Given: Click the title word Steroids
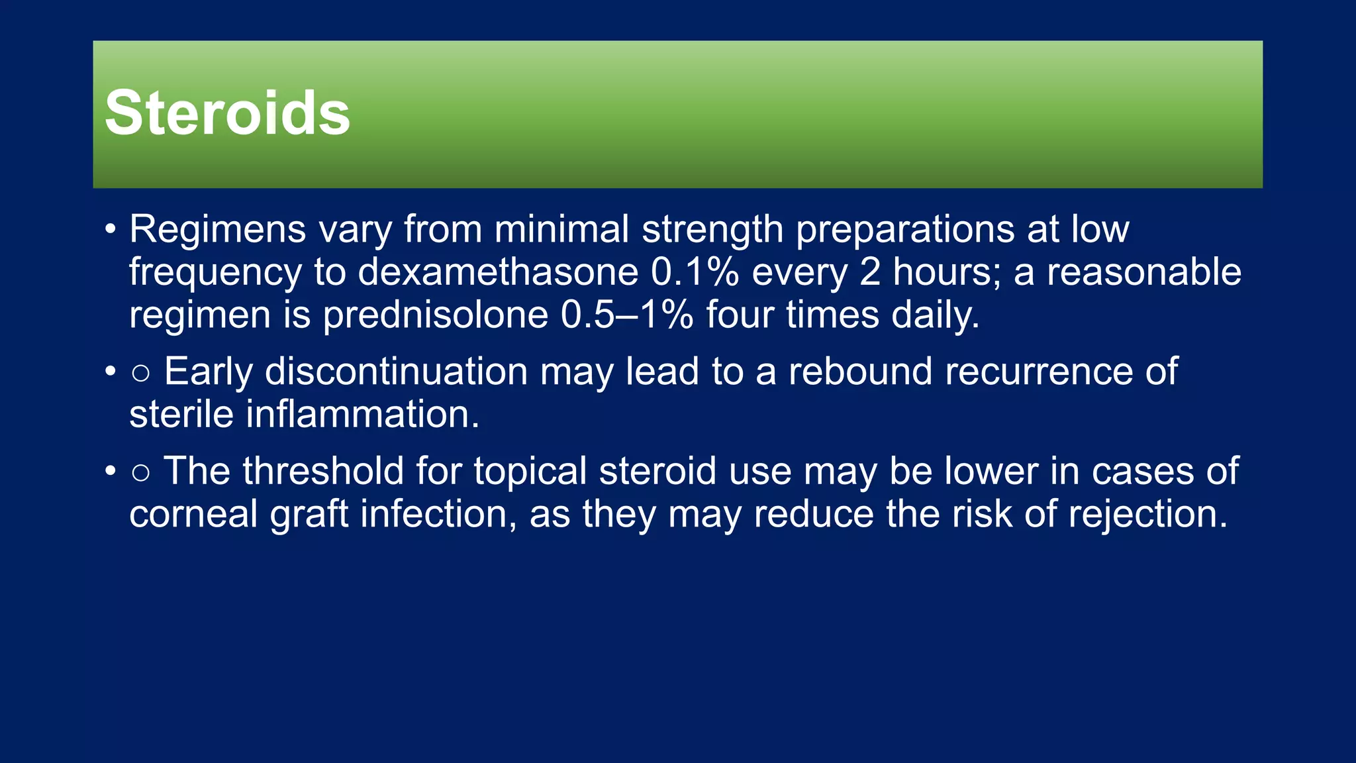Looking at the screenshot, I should point(227,113).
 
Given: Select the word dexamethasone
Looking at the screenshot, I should point(498,272).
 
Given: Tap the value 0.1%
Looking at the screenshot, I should point(695,272).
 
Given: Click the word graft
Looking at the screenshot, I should point(309,514).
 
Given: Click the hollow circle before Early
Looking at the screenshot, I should point(140,373).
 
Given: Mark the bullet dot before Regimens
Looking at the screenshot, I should point(111,230).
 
